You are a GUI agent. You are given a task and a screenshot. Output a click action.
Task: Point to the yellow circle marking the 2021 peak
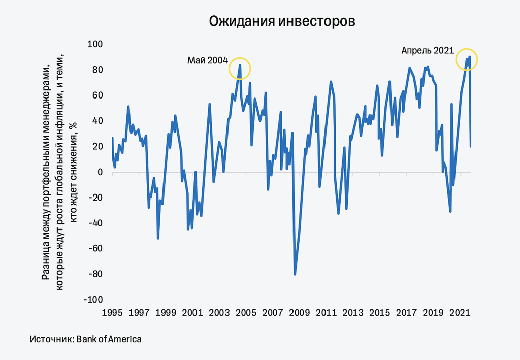[467, 59]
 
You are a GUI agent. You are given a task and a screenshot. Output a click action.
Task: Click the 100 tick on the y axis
[95, 44]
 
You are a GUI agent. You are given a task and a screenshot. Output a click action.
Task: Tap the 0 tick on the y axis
[100, 172]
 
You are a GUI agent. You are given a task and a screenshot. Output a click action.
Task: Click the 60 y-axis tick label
[97, 95]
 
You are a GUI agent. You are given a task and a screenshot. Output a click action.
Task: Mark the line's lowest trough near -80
[295, 274]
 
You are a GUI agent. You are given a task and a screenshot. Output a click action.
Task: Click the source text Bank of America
[109, 339]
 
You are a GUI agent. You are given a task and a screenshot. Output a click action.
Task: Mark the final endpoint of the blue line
[471, 147]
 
